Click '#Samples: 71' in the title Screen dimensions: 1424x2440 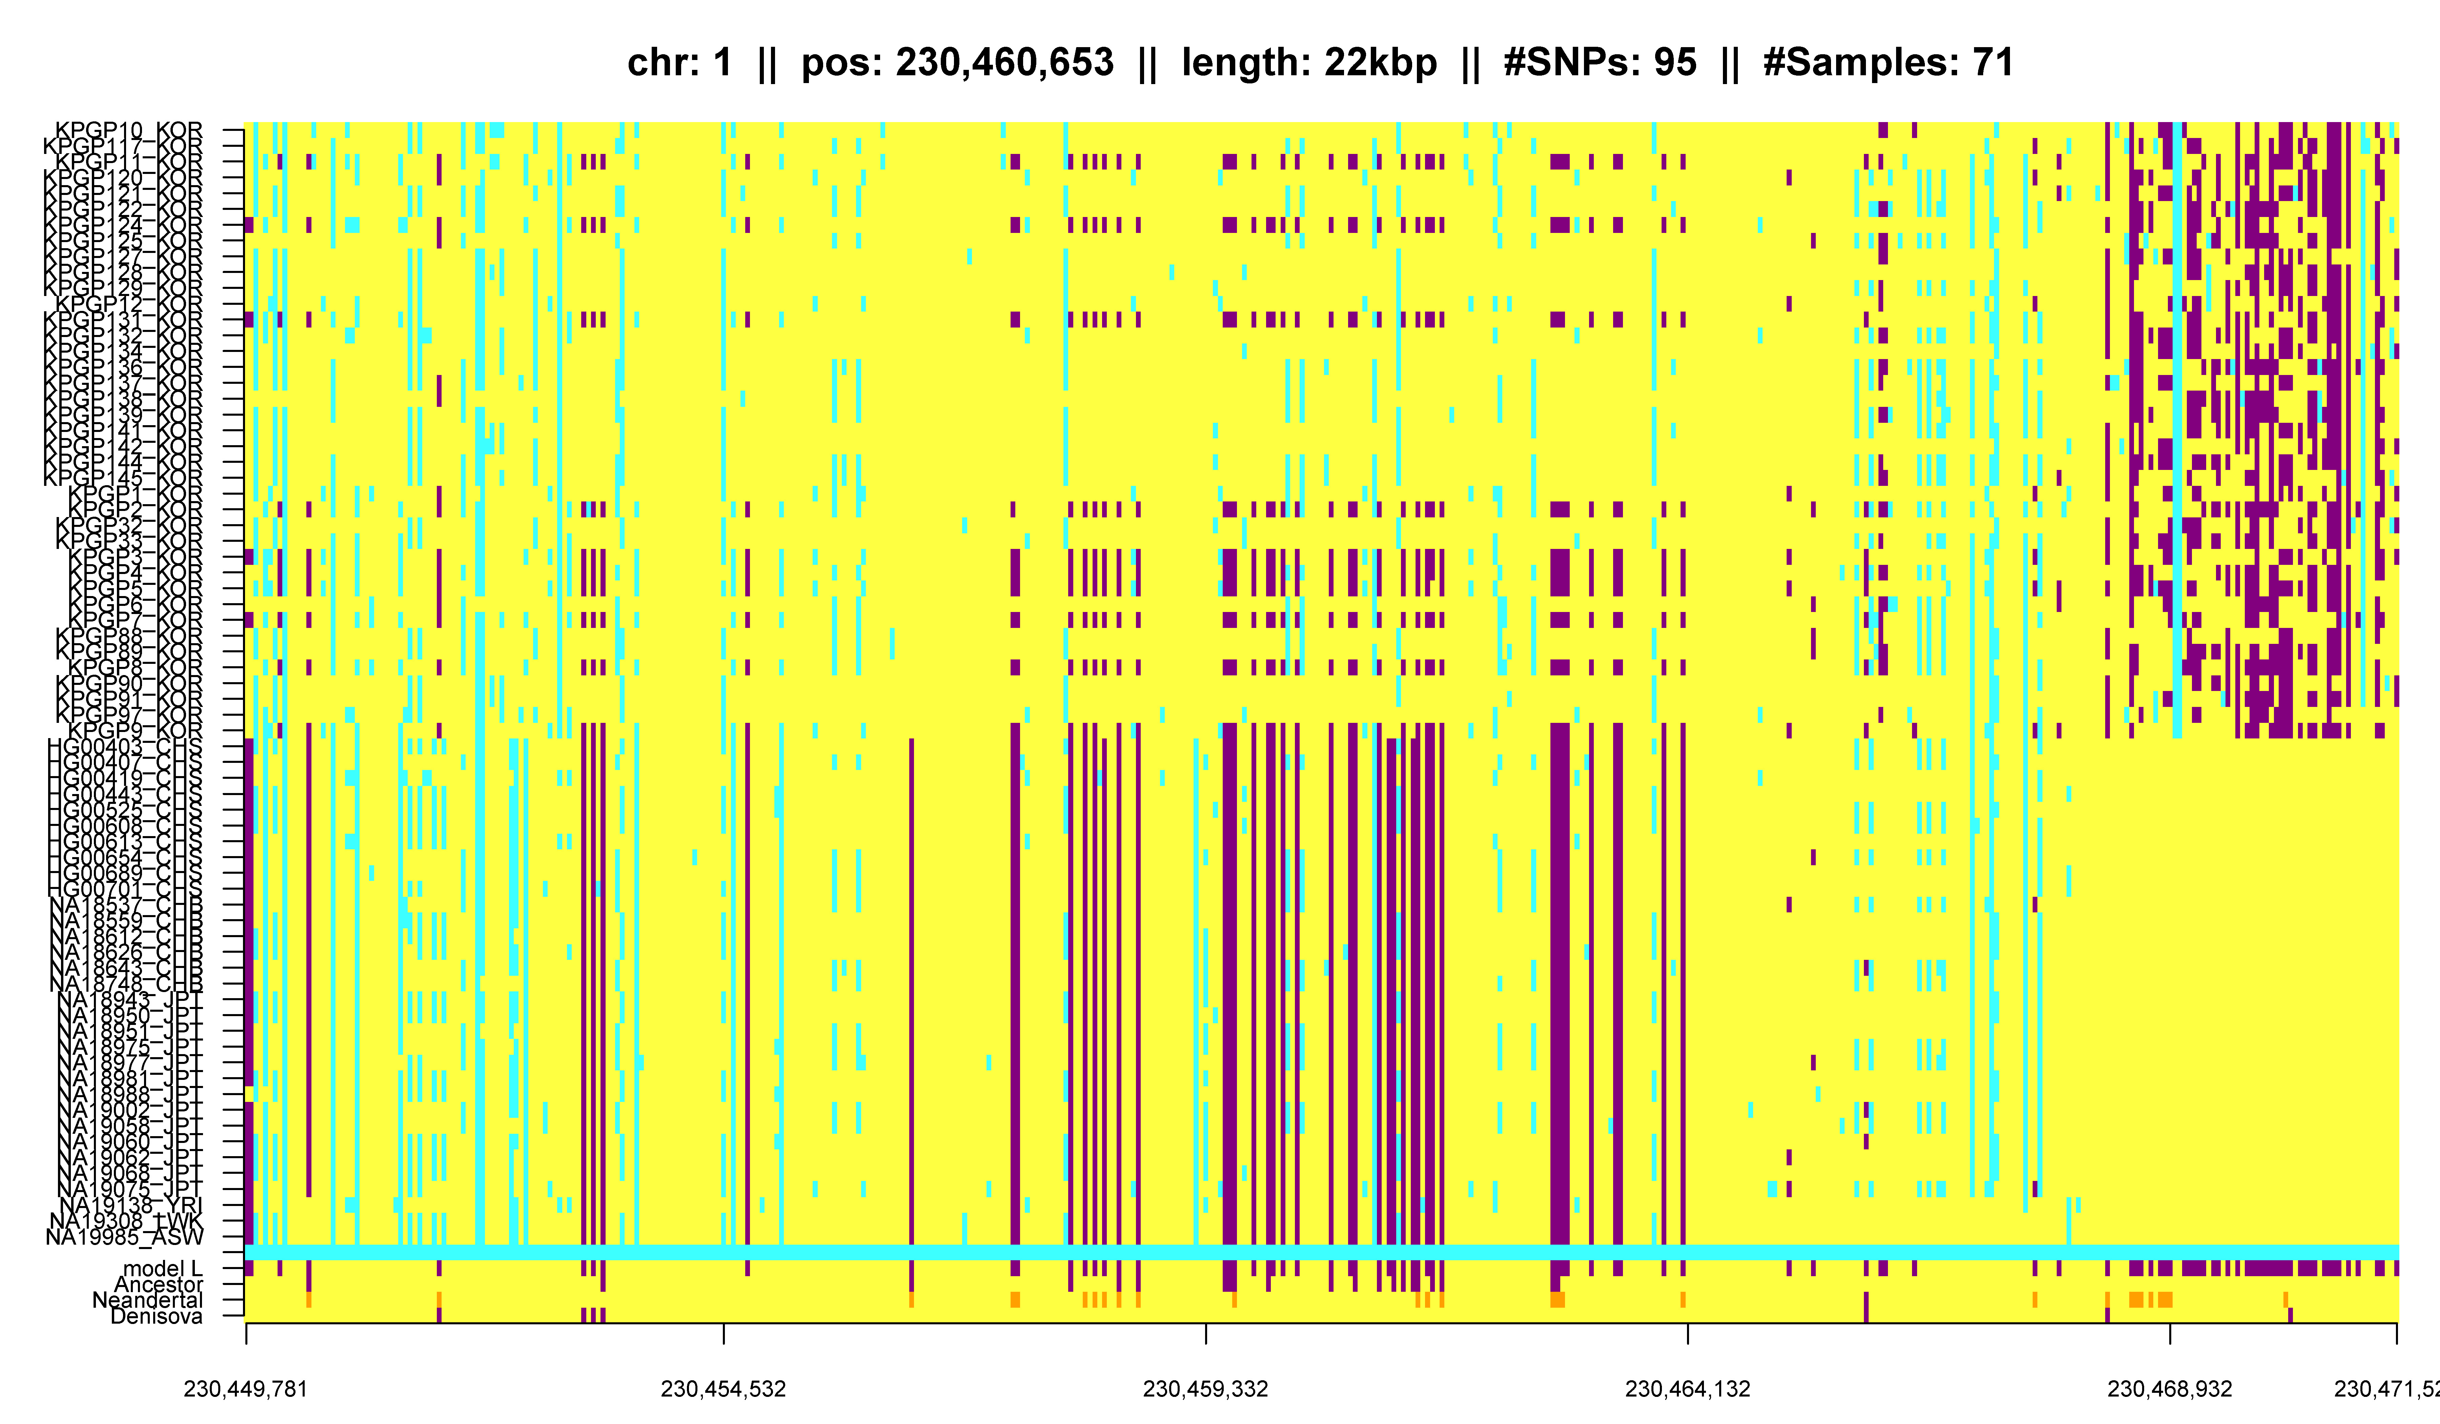tap(1888, 63)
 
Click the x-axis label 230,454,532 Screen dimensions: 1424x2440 tap(723, 1389)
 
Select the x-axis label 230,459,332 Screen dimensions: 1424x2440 tap(1205, 1389)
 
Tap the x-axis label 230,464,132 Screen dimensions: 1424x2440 tap(1688, 1389)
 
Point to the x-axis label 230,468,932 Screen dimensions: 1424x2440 tap(2170, 1389)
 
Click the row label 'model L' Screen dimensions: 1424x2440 tap(163, 1269)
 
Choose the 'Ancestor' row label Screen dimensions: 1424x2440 tap(159, 1285)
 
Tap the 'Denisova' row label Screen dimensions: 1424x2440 tap(157, 1316)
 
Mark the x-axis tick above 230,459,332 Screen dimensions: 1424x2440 tap(1205, 1334)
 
